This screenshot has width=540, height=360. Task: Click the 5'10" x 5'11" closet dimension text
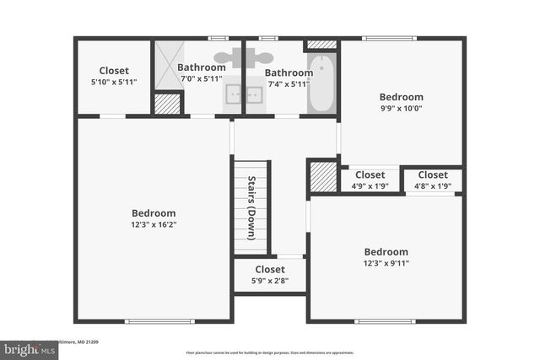click(113, 82)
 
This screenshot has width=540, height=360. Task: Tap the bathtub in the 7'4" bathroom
click(321, 83)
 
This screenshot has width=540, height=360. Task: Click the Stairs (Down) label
click(251, 207)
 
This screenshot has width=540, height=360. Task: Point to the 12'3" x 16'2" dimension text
click(154, 225)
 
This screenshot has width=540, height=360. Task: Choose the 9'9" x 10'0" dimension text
click(401, 108)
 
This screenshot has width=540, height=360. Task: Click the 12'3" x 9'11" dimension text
click(386, 263)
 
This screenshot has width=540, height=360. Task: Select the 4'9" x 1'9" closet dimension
click(370, 186)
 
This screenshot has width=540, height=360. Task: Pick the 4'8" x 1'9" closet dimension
click(433, 186)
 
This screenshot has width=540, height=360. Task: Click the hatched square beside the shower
click(167, 103)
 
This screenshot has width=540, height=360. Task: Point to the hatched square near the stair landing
click(322, 177)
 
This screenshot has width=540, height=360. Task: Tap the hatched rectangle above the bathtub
click(321, 45)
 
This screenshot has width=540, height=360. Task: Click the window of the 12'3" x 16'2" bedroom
click(154, 320)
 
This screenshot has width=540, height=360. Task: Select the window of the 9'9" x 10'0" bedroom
click(389, 38)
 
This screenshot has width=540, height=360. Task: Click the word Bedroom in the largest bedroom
click(154, 213)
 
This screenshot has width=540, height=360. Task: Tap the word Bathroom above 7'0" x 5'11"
click(201, 67)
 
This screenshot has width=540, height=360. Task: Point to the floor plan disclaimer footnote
click(269, 352)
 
